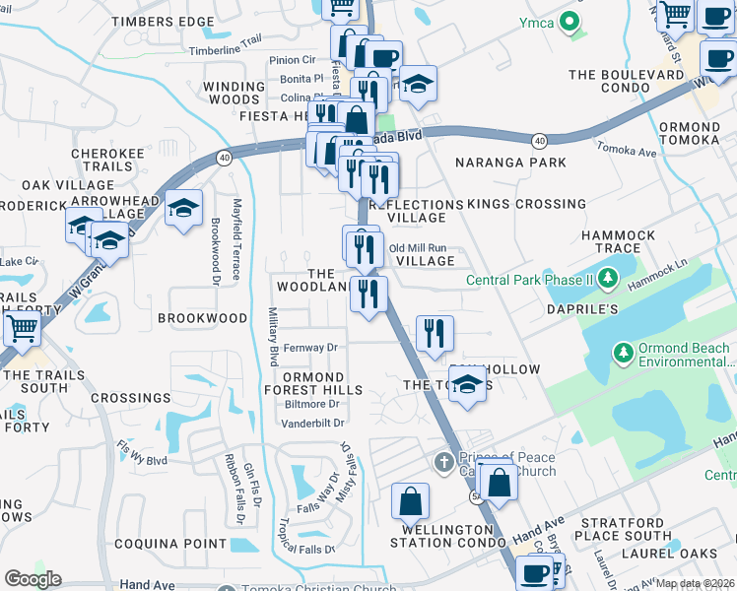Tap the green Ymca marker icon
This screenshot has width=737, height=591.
click(x=569, y=20)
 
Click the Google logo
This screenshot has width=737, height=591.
click(x=33, y=579)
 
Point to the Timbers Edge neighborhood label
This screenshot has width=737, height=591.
click(x=163, y=22)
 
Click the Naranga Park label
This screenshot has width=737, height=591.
click(x=509, y=162)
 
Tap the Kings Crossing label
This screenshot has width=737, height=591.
click(x=526, y=204)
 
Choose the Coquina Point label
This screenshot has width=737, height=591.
click(x=170, y=543)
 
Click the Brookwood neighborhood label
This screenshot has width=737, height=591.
click(x=203, y=318)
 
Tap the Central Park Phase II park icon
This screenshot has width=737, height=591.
click(x=608, y=280)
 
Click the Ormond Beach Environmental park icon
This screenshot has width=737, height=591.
click(x=622, y=352)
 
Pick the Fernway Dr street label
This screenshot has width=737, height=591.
click(x=310, y=348)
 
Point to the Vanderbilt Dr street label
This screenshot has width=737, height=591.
click(x=312, y=423)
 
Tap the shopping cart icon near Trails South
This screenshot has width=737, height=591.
click(x=21, y=331)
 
